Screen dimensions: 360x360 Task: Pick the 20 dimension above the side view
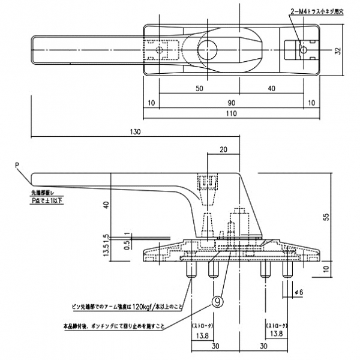click(224, 149)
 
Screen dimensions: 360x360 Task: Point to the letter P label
click(17, 163)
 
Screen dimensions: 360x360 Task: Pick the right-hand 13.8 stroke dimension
click(275, 334)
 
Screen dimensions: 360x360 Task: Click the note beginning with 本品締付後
click(114, 326)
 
